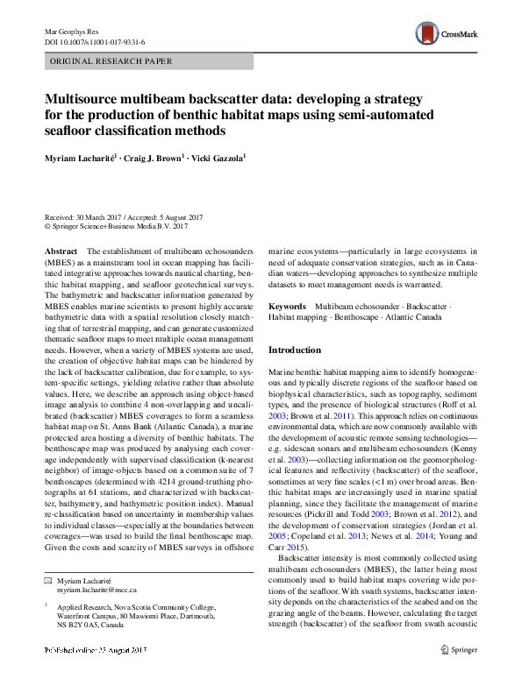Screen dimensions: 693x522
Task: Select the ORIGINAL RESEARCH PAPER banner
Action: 111,61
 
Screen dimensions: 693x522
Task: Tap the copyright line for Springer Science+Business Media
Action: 116,227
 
